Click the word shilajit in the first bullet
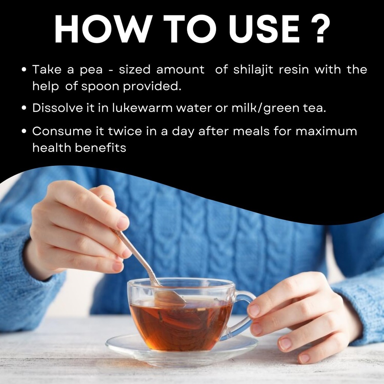(x=253, y=70)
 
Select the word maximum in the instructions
(x=326, y=132)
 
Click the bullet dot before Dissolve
(x=24, y=108)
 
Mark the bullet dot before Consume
(x=24, y=131)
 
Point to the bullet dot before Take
(x=24, y=69)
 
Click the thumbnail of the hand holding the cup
(x=254, y=310)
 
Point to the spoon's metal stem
(x=137, y=257)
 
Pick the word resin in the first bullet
(x=294, y=70)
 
